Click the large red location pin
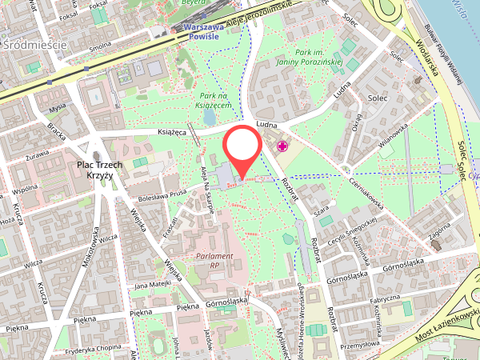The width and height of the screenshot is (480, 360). click(x=241, y=146)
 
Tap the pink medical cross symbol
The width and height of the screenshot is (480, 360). click(x=282, y=146)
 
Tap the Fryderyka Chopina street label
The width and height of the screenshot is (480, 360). click(x=94, y=347)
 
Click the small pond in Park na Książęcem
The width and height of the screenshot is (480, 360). click(x=210, y=118)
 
